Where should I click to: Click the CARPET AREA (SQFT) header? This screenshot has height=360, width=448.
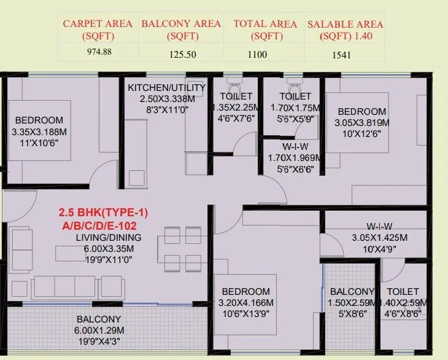98,29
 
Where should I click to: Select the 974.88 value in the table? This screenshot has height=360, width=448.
98,52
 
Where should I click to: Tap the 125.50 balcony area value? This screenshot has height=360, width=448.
182,53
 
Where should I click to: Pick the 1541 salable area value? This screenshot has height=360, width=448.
345,53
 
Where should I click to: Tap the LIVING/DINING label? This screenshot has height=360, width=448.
109,237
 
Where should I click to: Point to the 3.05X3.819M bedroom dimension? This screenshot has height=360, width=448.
361,123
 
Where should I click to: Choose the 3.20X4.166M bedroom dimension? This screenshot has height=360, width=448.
245,303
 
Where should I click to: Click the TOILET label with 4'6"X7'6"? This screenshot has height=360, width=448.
236,96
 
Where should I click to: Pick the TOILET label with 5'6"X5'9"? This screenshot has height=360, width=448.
295,96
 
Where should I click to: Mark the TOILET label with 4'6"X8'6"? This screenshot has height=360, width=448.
403,291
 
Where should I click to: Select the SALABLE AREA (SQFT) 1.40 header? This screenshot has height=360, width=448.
345,29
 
